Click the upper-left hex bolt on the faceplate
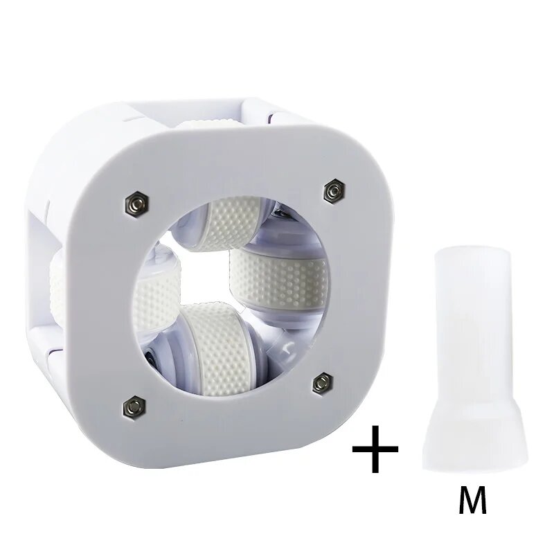[x=137, y=203]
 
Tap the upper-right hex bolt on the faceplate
[x=334, y=191]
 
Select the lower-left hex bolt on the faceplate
[x=134, y=408]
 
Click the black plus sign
[x=375, y=449]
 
